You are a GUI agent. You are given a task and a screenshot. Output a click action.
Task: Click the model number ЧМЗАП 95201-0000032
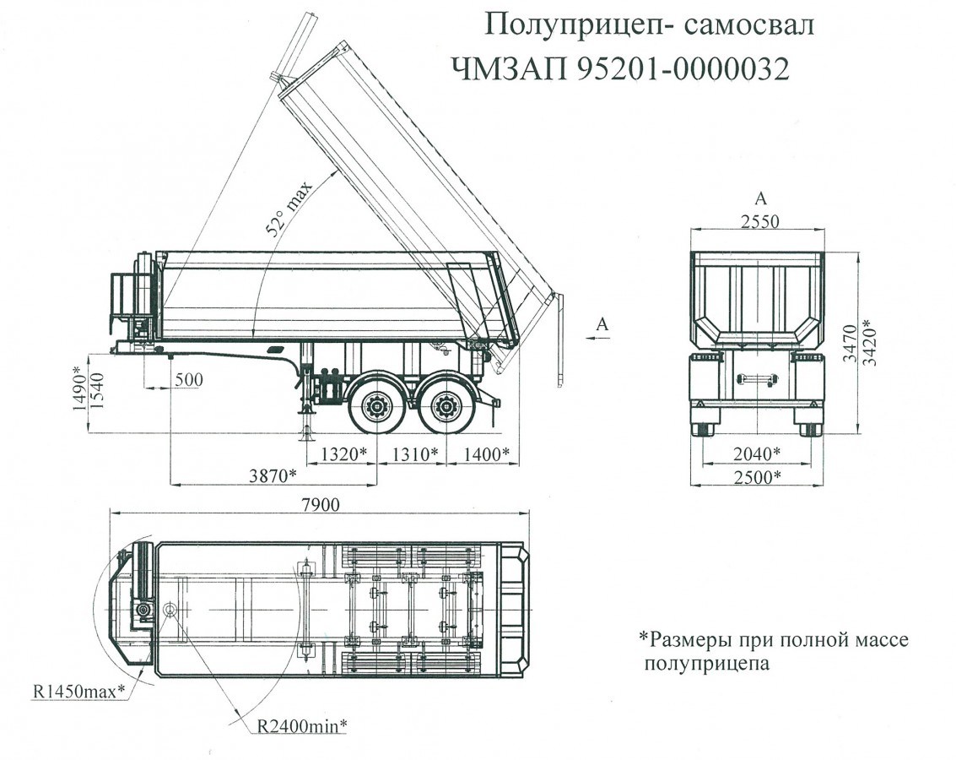click(x=620, y=68)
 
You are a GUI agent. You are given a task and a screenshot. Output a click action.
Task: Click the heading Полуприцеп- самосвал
click(x=650, y=24)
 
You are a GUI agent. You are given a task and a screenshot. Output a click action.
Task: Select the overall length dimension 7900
click(x=320, y=505)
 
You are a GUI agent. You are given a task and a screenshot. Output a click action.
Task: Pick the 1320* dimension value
click(x=343, y=454)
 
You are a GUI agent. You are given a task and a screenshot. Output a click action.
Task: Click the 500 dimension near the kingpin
click(x=190, y=380)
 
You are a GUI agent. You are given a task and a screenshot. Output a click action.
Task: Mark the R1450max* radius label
click(x=79, y=692)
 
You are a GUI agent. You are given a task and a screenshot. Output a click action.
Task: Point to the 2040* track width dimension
click(x=754, y=454)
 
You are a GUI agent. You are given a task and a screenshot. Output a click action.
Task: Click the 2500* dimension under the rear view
click(x=754, y=477)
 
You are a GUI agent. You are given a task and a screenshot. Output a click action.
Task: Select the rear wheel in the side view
click(x=445, y=408)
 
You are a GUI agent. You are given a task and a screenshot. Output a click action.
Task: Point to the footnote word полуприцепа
click(x=707, y=664)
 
